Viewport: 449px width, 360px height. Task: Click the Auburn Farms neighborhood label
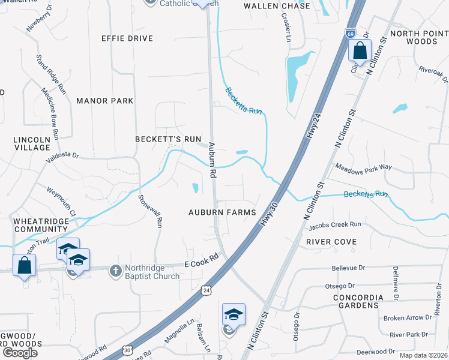coord(222,212)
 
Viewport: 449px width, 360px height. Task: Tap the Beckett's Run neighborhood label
coord(167,139)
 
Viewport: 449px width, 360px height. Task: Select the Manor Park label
coord(105,101)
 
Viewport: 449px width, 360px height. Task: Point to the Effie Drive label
coord(127,38)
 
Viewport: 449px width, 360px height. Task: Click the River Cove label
coord(331,242)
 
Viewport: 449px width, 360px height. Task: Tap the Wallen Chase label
coord(277,6)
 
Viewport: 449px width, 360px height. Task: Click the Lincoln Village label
coord(32,143)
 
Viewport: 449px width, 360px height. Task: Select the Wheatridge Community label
coord(41,225)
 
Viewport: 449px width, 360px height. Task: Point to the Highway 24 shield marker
coord(206,290)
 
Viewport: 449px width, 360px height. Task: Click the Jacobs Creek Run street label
coord(335,226)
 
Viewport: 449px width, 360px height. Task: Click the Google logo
coord(20,353)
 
